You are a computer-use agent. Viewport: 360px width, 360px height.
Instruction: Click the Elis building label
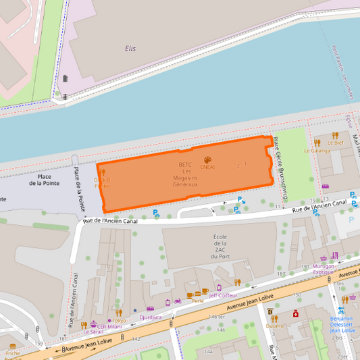pos(130,49)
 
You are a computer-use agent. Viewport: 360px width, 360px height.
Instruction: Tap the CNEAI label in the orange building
pos(207,168)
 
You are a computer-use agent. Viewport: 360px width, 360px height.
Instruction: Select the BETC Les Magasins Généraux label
pos(185,174)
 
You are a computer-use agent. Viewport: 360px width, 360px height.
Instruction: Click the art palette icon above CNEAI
pos(207,159)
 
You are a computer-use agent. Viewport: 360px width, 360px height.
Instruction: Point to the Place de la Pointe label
pos(49,180)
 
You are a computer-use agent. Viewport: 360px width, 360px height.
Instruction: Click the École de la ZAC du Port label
pos(220,247)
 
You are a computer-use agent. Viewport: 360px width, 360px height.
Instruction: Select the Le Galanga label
pos(317,151)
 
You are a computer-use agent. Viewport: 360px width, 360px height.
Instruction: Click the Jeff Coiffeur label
pos(222,295)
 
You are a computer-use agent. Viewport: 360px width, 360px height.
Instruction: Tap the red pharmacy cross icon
pos(295,313)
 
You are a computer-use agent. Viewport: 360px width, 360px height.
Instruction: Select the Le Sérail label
pos(93,332)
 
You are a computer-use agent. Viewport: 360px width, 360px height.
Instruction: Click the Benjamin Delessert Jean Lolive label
pos(342,324)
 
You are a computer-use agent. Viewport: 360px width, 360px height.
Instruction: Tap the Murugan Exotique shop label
pos(334,270)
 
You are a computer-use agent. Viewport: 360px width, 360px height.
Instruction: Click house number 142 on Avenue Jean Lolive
pos(136,339)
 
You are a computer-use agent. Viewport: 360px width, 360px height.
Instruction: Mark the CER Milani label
pos(108,326)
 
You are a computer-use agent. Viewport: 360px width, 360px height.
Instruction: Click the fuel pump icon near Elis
pos(65,79)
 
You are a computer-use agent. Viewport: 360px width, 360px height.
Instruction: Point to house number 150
pos(296,295)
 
